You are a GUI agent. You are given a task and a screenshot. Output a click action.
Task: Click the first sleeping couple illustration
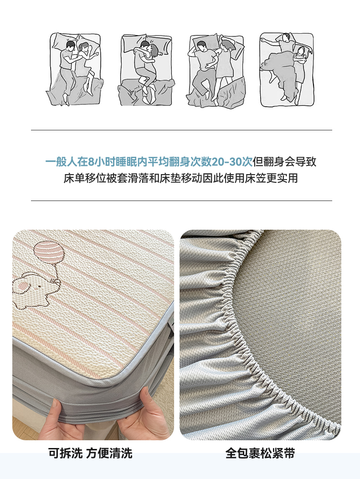pos(75,69)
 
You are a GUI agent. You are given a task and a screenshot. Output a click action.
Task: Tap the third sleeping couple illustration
pos(216,71)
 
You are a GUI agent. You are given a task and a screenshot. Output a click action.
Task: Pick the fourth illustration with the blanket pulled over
pos(287,70)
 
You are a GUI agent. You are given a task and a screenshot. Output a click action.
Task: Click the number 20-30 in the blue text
pos(232,162)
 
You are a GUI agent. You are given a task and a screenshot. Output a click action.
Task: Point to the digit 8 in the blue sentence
pos(91,162)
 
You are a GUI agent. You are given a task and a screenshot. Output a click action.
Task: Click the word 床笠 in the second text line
pos(255,178)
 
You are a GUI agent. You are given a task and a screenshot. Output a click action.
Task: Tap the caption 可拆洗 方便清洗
pos(90,453)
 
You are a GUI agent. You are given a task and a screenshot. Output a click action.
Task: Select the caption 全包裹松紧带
pos(260,453)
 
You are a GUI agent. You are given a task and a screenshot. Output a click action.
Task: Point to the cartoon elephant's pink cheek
pos(23,286)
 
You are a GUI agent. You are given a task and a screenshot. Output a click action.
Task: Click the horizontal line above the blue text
pos(181,130)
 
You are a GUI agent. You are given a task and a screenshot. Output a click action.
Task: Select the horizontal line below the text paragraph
pos(181,201)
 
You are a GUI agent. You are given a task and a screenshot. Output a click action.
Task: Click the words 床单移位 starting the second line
pos(85,178)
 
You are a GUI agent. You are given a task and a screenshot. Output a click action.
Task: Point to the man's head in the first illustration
pos(71,46)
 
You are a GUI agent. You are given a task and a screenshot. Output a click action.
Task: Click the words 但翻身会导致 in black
pos(284,162)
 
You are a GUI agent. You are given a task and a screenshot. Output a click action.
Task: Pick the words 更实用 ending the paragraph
pos(282,178)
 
